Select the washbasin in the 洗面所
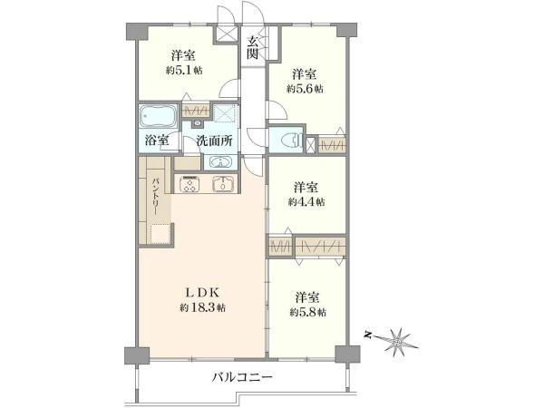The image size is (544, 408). tap(219, 162)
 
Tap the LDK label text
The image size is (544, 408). tap(203, 292)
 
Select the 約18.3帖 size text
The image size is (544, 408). tap(203, 308)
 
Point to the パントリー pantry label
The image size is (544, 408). tap(156, 195)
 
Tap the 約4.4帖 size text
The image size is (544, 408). tap(306, 201)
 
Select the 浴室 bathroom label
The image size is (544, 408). tap(156, 141)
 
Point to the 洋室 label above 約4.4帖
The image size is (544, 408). tap(306, 186)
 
